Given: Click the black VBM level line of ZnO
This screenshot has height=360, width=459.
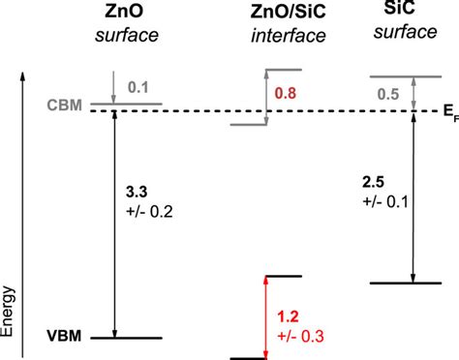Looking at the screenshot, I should pyautogui.click(x=127, y=339).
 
